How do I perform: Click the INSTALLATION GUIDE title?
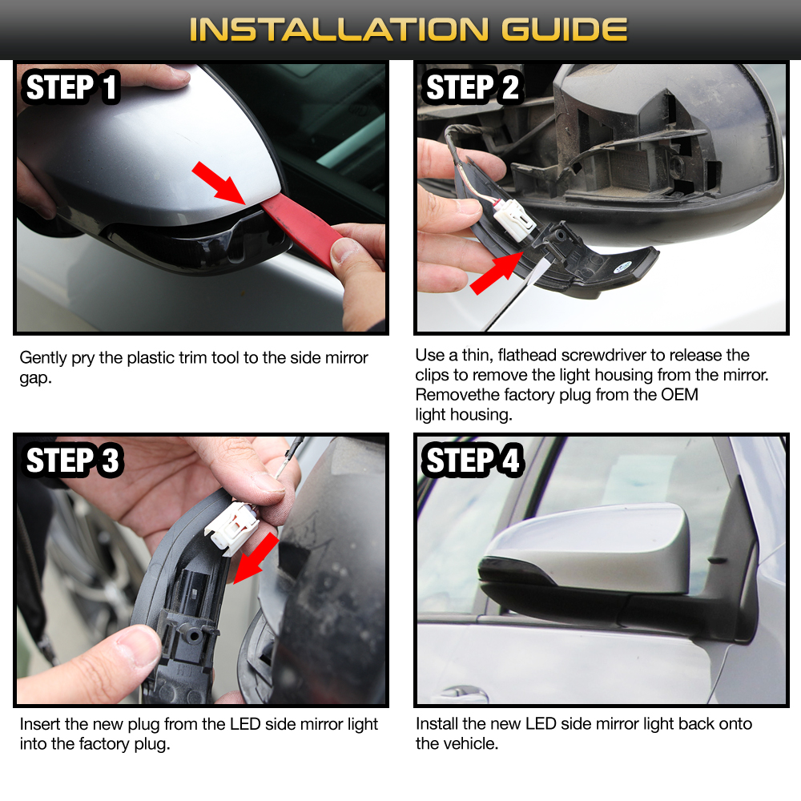pyautogui.click(x=408, y=30)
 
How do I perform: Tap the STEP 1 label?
pyautogui.click(x=72, y=87)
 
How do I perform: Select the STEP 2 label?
pyautogui.click(x=473, y=87)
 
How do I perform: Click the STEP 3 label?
pyautogui.click(x=73, y=461)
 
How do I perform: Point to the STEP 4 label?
pyautogui.click(x=473, y=461)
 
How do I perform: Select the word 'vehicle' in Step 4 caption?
pyautogui.click(x=469, y=743)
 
